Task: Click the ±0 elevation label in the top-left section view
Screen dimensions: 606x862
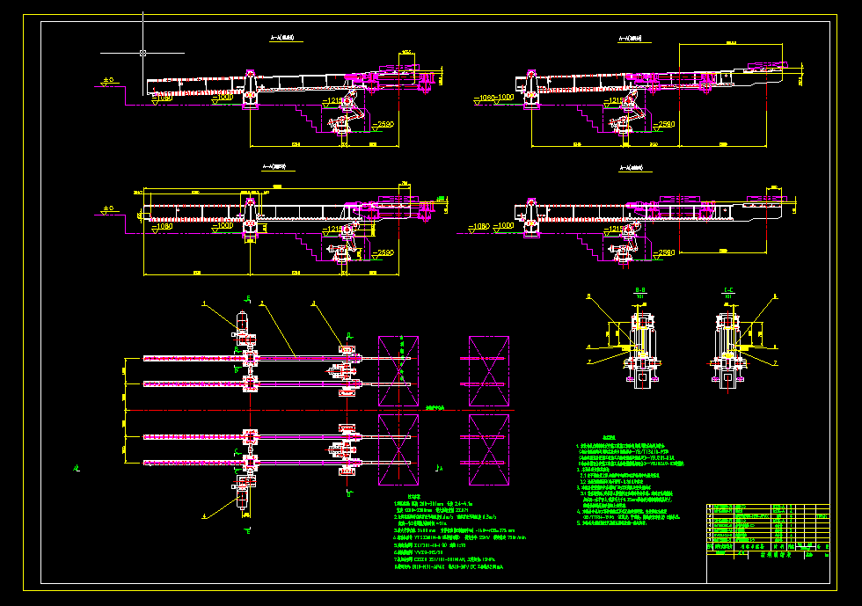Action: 108,81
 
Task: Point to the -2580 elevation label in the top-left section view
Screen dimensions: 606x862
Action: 381,125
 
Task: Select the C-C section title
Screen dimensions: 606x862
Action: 727,289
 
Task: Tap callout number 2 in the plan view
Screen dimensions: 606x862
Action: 261,303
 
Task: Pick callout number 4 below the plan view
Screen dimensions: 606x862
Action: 204,515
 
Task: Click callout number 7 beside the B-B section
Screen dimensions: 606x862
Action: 589,361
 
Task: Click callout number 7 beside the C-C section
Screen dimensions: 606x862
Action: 775,362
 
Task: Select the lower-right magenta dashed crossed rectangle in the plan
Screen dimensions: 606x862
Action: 489,449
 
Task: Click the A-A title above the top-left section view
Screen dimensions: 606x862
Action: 286,39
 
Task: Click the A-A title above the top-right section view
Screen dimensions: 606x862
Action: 630,39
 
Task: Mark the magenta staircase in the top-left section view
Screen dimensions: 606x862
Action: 310,113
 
